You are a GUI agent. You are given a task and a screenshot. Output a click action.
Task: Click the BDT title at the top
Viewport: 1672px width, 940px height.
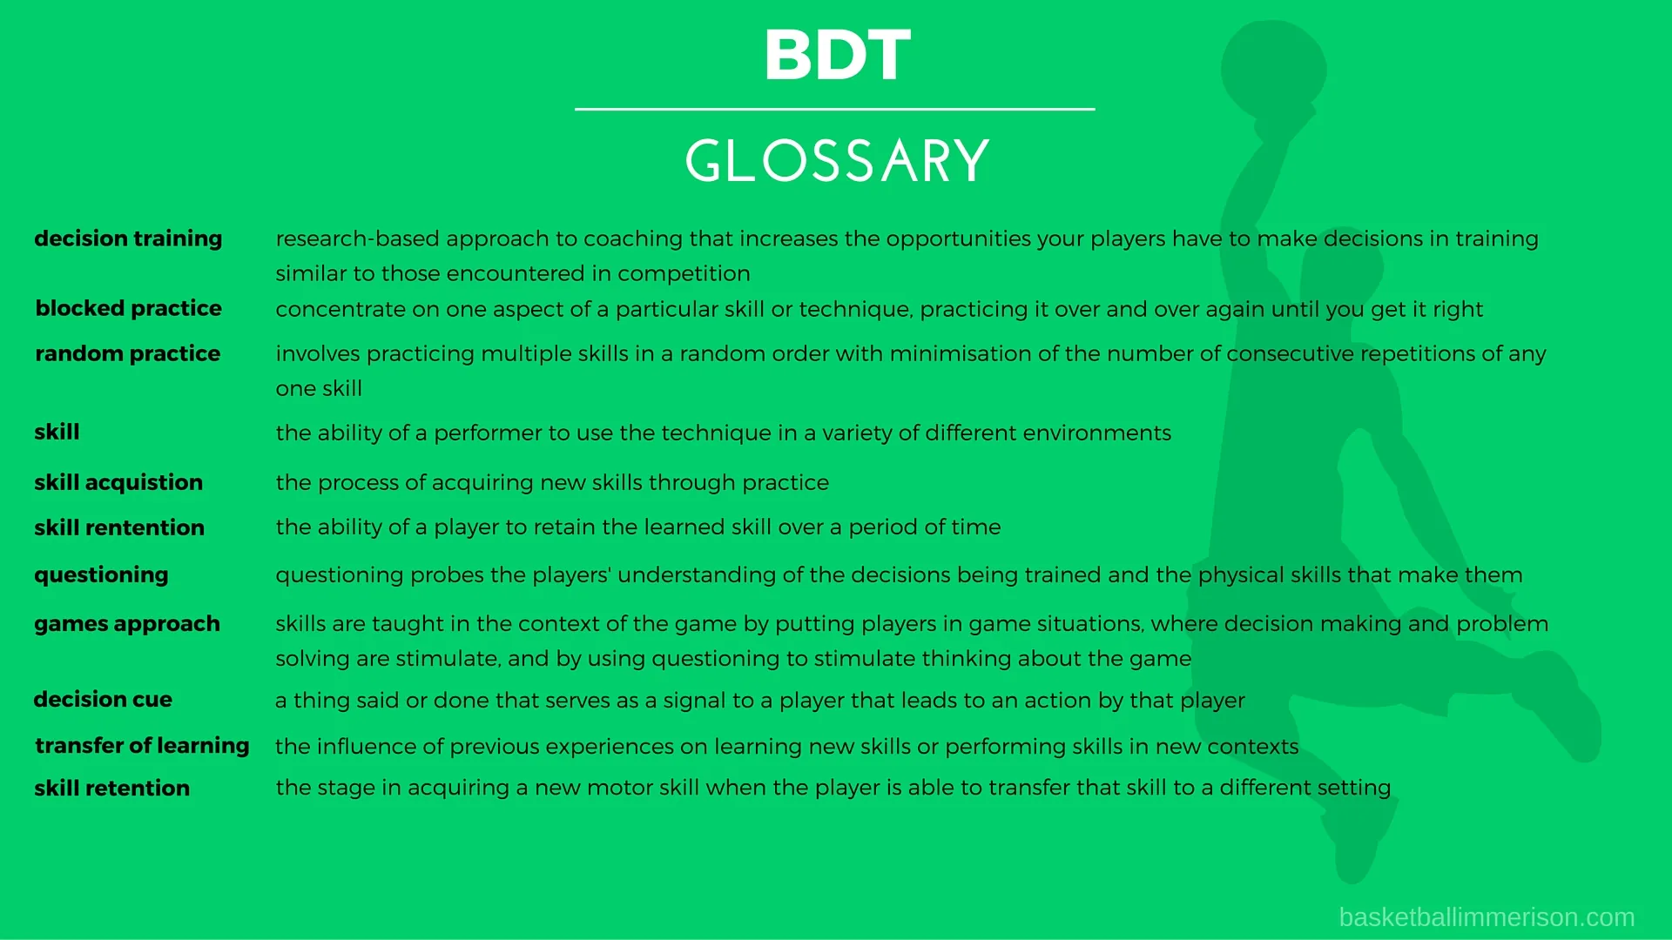[x=838, y=55]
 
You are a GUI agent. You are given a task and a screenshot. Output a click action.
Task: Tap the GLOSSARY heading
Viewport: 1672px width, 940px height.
[x=838, y=161]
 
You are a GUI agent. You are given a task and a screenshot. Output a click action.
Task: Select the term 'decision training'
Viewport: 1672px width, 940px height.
[x=128, y=239]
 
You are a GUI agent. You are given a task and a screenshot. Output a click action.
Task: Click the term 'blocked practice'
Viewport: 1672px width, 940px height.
[x=129, y=309]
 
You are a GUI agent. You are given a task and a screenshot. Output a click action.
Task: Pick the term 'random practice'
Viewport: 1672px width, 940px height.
[x=128, y=354]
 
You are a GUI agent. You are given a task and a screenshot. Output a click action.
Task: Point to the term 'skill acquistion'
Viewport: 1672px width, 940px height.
[x=118, y=483]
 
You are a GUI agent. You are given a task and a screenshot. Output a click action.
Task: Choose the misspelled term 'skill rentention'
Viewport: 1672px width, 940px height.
[x=119, y=528]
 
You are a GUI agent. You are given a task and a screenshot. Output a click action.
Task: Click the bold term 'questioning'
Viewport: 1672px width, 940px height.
[x=101, y=575]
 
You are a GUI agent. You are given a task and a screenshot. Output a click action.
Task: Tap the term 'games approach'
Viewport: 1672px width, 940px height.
[x=127, y=625]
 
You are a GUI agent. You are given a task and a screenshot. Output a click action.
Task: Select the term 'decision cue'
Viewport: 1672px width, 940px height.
[x=103, y=700]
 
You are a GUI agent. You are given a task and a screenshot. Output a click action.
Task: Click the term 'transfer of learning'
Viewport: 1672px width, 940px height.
[x=142, y=746]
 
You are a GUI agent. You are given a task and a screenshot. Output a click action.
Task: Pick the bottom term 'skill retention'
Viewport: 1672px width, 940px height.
[x=111, y=789]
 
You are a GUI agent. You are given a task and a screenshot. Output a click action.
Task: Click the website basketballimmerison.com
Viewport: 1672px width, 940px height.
[x=1487, y=917]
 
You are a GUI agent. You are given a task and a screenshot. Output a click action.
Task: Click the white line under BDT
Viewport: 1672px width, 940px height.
[x=834, y=110]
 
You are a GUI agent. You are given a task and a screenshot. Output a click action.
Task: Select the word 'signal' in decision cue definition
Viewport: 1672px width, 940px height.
[x=703, y=702]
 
